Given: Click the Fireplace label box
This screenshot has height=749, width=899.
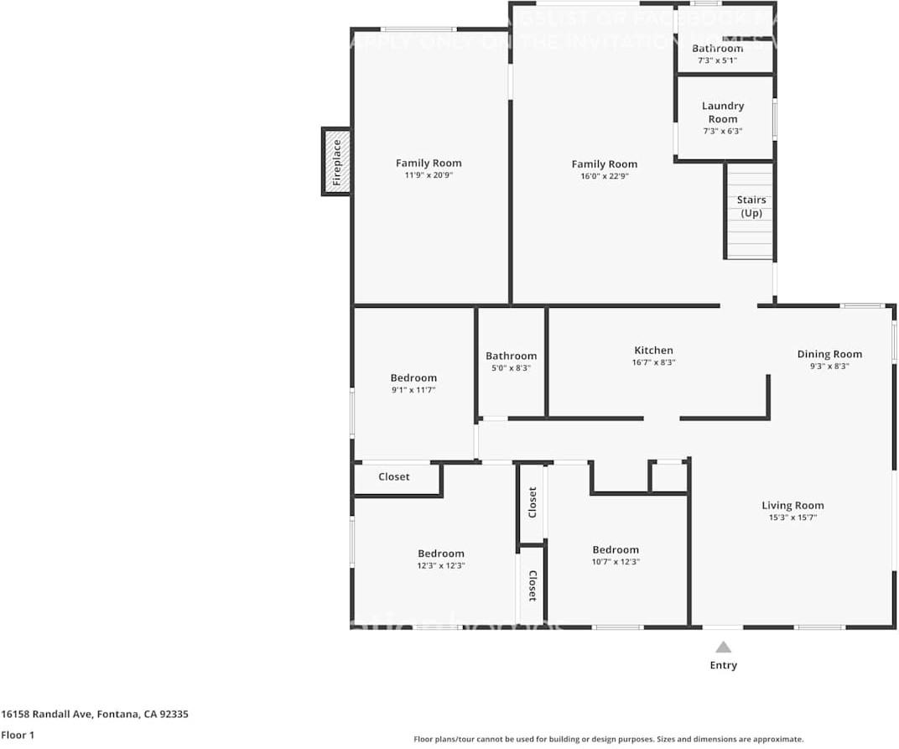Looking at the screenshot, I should tap(336, 162).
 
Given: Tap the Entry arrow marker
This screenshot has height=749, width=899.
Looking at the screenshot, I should tap(723, 647).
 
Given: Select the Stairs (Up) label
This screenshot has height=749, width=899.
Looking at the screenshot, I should tap(751, 206).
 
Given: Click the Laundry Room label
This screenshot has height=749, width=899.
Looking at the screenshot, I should tap(722, 112).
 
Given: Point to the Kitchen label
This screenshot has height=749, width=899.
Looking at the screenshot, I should tap(653, 351).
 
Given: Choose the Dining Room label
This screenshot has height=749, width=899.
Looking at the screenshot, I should tap(829, 354).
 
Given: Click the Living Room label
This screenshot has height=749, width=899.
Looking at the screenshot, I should tap(792, 505).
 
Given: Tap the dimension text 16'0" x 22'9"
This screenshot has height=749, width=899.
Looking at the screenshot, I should tap(605, 176).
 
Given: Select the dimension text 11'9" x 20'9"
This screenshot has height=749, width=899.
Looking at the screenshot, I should tap(429, 175).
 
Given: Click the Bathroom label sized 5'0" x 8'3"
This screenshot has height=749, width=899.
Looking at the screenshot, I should tap(511, 356).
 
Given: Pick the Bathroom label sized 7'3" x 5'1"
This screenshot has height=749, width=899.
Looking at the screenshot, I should tap(717, 49).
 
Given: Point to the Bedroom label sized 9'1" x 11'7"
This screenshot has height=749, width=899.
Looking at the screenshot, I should tap(413, 377).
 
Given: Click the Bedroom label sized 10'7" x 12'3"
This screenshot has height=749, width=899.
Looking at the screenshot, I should tap(616, 549).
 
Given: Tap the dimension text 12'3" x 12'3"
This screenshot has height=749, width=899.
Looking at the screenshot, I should tap(441, 566).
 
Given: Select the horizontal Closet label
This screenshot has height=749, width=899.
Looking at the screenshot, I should tap(394, 476).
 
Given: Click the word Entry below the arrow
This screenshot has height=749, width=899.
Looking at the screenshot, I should tap(723, 665).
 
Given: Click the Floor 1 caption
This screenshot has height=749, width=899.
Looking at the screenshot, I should tap(18, 735).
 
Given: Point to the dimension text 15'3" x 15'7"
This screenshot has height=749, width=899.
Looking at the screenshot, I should tap(792, 518).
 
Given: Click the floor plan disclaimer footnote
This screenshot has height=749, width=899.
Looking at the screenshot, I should tap(608, 739).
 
